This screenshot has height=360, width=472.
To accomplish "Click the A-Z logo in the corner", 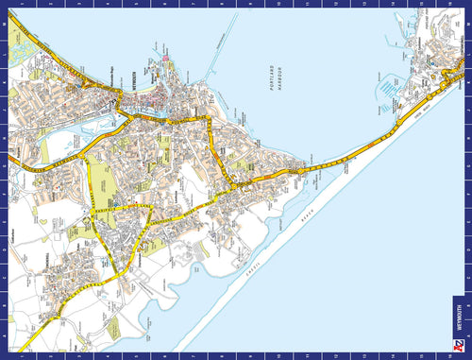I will coord(459,346).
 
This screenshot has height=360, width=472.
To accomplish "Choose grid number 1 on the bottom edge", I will coord(19,355).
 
